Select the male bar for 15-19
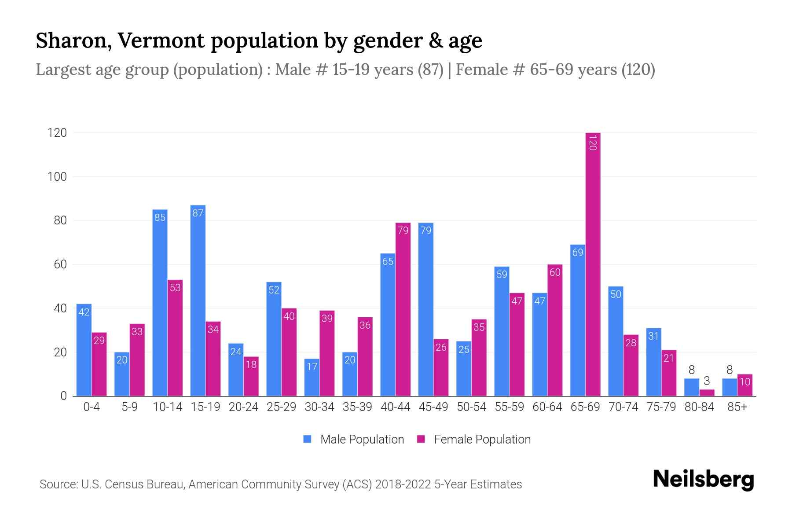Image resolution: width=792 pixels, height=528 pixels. point(198,304)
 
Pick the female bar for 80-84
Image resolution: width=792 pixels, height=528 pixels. point(707,392)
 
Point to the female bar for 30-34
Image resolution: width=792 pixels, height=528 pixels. point(327,354)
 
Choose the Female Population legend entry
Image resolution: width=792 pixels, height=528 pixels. point(474,439)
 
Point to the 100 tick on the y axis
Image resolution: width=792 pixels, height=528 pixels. point(57,177)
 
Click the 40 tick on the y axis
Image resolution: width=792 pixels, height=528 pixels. point(60,308)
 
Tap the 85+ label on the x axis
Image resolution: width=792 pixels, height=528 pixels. point(737,407)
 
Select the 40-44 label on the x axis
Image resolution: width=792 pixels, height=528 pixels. point(395,407)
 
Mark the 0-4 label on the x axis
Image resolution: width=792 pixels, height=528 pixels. point(92,407)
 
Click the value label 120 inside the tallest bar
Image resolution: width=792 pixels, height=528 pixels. point(593,143)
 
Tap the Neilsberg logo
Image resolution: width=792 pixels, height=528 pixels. point(703,480)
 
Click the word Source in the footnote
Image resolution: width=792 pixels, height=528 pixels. point(58,484)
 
